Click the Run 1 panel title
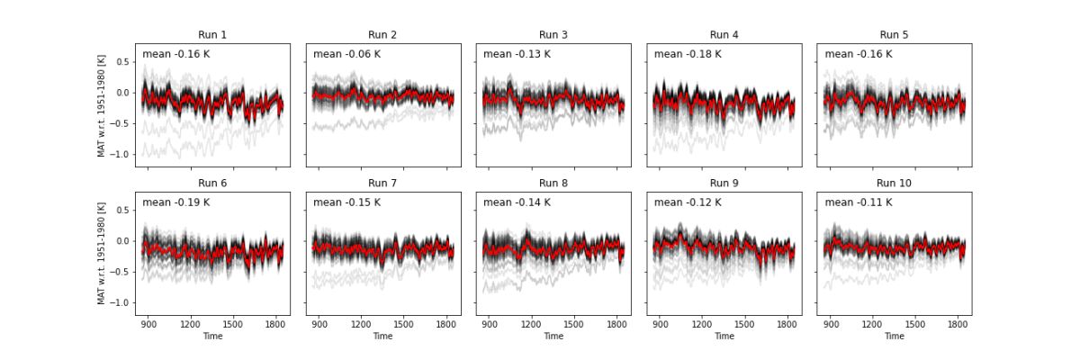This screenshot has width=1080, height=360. click(212, 35)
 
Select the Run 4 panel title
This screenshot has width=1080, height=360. click(724, 35)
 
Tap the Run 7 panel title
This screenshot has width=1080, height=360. click(382, 183)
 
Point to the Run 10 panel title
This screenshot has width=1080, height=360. click(895, 183)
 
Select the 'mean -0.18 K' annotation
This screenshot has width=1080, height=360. click(688, 54)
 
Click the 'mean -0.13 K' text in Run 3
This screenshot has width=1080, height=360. click(517, 54)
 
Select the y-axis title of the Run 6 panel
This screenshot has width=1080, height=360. click(102, 253)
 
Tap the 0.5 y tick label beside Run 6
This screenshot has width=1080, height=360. click(120, 210)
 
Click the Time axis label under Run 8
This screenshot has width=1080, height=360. click(553, 336)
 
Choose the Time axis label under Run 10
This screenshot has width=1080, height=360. click(895, 336)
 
